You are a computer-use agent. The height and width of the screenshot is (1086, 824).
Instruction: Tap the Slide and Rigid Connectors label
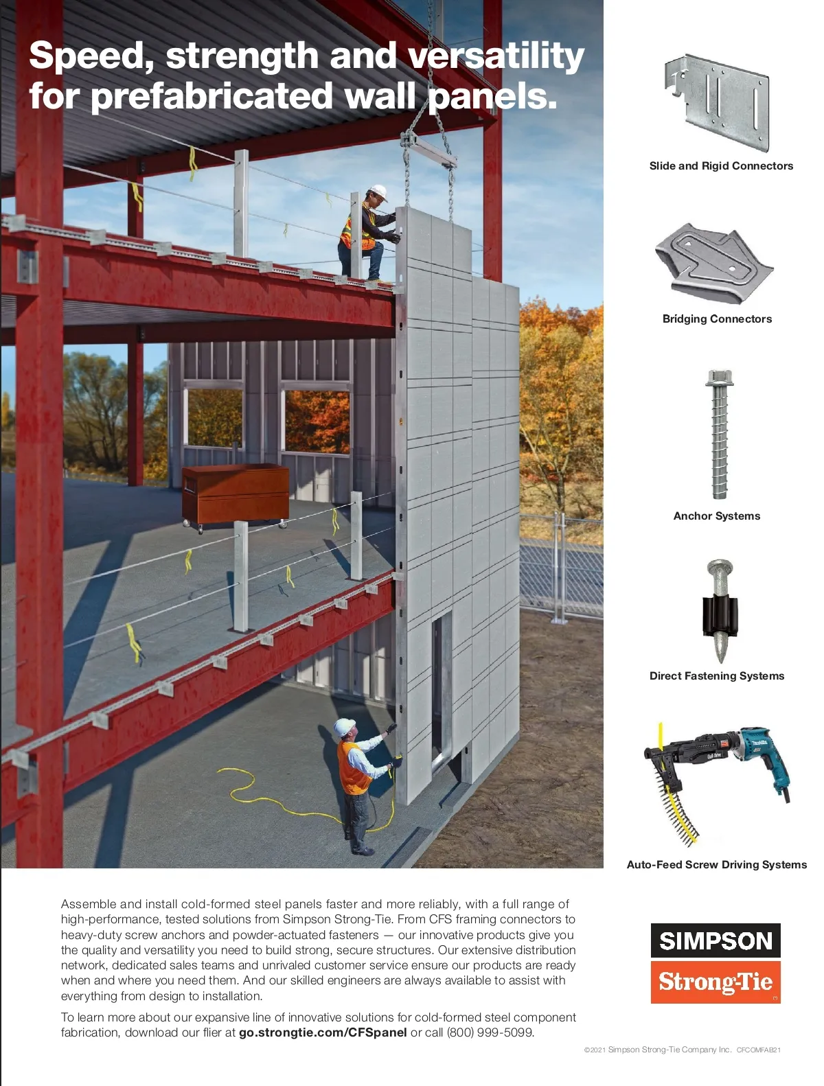[721, 166]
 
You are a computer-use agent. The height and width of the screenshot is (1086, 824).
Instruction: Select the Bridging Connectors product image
[714, 264]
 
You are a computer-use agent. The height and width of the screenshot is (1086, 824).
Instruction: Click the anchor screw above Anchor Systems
[718, 434]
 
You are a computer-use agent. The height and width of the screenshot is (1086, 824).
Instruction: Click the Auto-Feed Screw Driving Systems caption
[716, 865]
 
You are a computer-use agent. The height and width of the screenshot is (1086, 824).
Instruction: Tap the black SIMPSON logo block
[716, 940]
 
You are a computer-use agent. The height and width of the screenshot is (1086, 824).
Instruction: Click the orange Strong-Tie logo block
[716, 982]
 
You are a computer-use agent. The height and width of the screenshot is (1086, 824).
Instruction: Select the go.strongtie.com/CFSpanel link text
[323, 1032]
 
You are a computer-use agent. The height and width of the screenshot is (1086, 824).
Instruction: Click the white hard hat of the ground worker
[344, 726]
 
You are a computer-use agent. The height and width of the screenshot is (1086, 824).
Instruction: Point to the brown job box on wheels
[235, 494]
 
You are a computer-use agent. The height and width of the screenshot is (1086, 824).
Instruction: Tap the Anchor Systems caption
[717, 516]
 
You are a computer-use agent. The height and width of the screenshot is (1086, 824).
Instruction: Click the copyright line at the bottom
[682, 1050]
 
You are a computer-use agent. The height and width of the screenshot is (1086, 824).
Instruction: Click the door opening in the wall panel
[441, 686]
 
